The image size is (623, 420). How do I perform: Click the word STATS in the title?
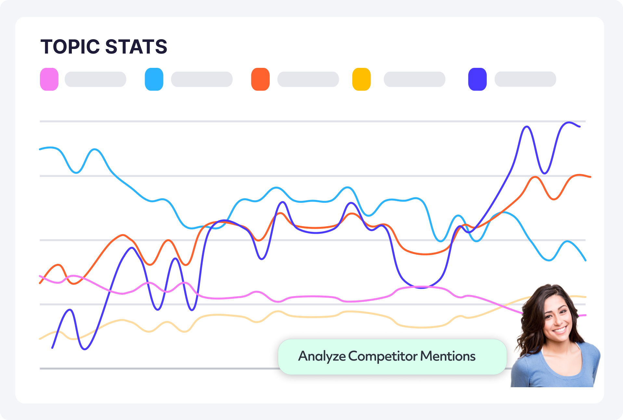tap(136, 47)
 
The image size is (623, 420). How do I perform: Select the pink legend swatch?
tap(49, 79)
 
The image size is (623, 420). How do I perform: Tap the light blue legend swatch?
tap(154, 79)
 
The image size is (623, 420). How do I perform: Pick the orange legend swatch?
tap(260, 79)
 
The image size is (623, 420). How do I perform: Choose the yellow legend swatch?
tap(361, 79)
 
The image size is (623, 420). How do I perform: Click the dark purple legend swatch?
tap(477, 79)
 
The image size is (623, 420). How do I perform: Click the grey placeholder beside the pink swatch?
tap(96, 79)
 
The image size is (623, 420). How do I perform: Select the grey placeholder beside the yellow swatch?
tap(414, 79)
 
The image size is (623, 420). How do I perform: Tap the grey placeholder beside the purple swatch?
tap(525, 79)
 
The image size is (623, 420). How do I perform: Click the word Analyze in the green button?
tap(322, 356)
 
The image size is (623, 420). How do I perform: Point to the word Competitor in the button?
tap(383, 356)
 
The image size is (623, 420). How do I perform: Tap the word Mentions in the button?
tap(448, 356)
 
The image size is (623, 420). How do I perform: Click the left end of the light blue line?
tap(40, 149)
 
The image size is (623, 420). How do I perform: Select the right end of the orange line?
tap(590, 177)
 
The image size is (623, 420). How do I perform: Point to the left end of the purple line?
tap(53, 348)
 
